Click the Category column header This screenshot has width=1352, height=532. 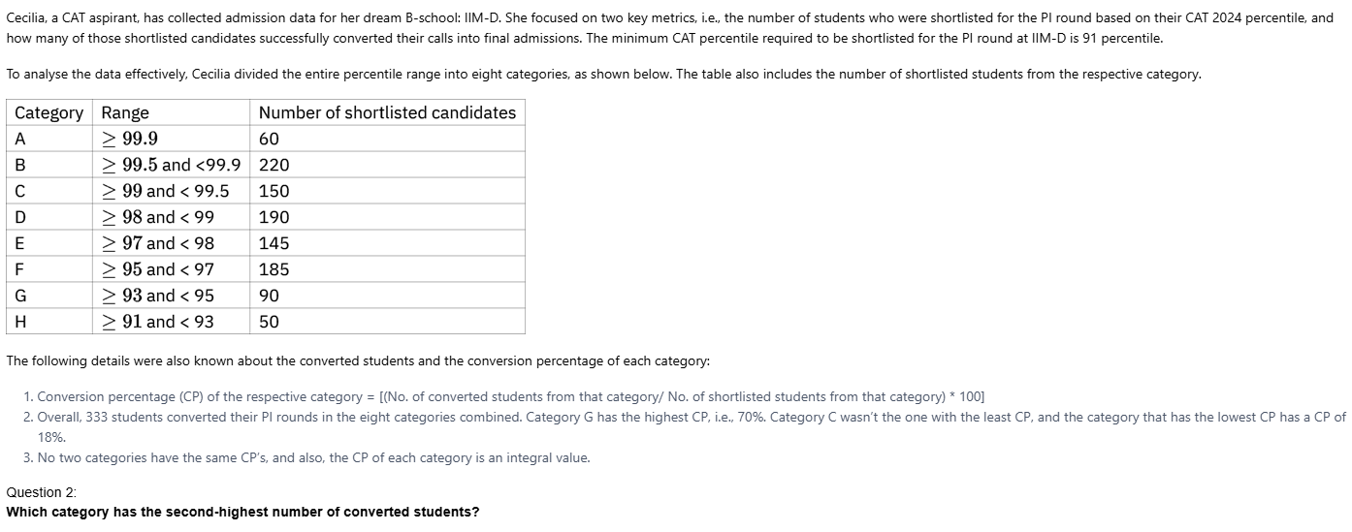48,112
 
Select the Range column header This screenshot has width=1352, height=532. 125,112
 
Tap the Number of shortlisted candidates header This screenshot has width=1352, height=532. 387,112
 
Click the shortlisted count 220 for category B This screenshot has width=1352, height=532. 274,165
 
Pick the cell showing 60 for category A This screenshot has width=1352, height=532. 269,139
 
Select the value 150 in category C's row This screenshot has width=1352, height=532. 274,191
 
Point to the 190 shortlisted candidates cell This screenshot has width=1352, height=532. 274,217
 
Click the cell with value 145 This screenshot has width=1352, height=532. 274,243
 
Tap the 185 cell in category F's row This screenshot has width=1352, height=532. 274,269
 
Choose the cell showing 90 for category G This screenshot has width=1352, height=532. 269,296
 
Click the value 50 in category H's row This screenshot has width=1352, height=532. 269,322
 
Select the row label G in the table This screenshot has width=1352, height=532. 20,296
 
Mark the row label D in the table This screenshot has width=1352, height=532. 20,217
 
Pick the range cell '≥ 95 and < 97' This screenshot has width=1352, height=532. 157,269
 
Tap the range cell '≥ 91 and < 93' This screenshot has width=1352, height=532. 157,322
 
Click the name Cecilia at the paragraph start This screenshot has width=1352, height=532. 28,17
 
